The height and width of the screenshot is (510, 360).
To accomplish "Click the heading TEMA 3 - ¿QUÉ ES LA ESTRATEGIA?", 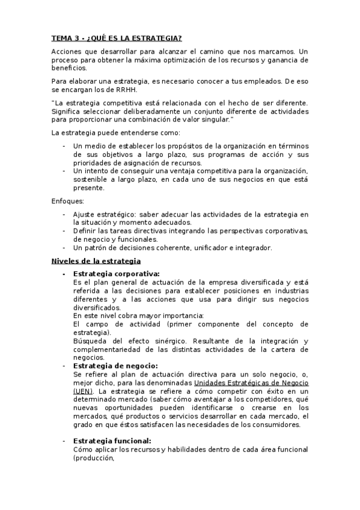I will point(116,38).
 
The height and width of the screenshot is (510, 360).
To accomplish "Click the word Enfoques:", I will point(68,201).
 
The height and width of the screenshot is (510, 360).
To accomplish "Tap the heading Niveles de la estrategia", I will point(96,261).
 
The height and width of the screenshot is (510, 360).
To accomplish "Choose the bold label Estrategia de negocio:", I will point(115,365).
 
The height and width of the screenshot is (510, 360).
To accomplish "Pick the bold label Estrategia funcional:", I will point(112,441).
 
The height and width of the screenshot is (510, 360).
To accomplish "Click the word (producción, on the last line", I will point(93,458).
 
